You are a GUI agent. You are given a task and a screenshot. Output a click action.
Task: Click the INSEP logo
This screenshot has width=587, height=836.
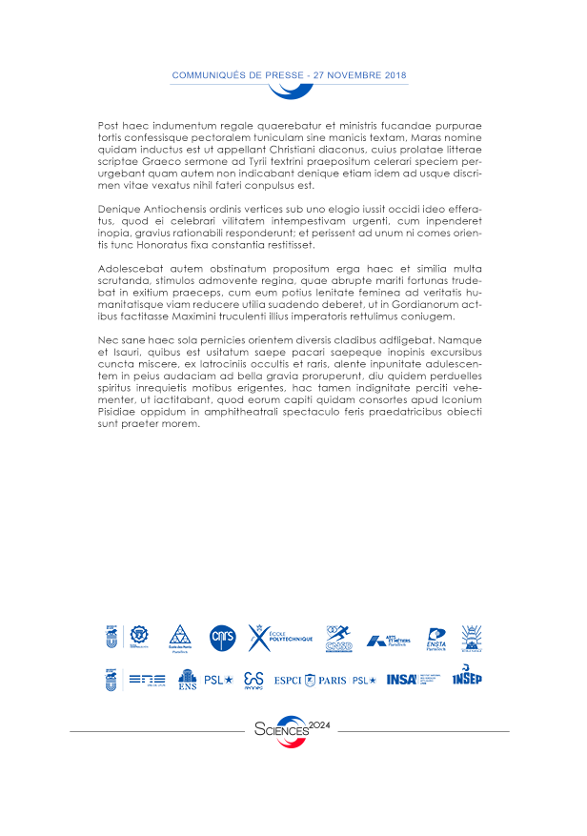pos(467,677)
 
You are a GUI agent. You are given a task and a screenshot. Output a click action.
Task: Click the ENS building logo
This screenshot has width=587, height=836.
pos(188,680)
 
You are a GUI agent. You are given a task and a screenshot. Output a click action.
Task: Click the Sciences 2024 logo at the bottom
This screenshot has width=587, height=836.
pos(292,729)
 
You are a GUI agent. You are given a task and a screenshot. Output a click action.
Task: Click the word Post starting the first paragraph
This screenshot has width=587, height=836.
pos(108,126)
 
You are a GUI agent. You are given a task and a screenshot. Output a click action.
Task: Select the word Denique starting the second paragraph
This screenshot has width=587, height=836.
pos(118,208)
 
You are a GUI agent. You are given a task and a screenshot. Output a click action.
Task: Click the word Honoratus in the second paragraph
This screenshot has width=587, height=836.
pos(168,246)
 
